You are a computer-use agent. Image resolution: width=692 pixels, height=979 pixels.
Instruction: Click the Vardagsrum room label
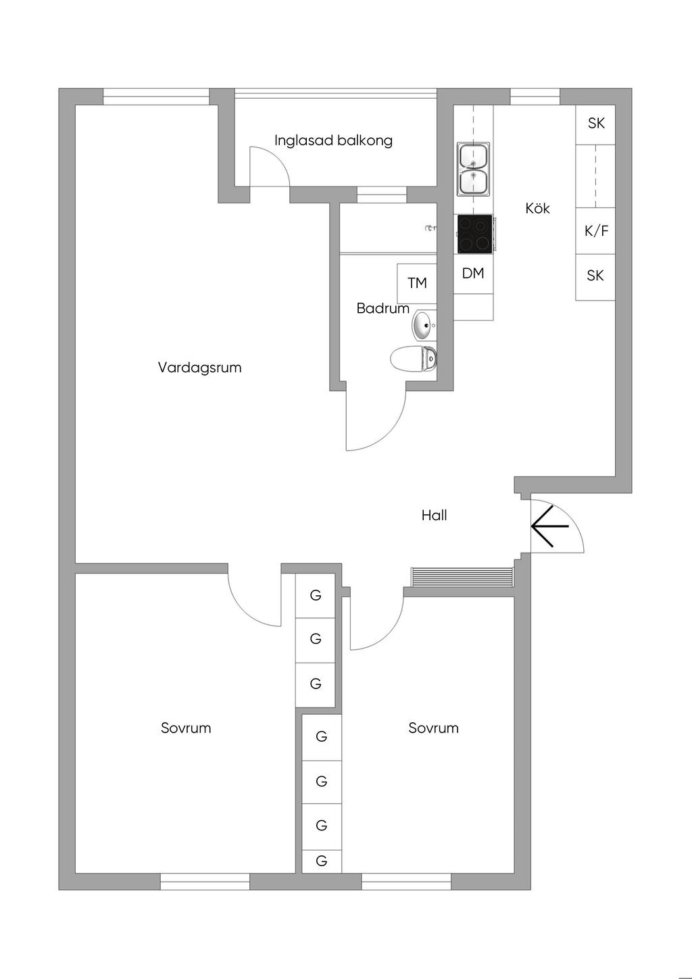click(x=199, y=368)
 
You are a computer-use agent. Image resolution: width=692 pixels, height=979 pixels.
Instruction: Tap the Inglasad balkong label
click(x=333, y=141)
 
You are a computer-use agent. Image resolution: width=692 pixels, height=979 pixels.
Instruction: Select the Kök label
click(x=537, y=208)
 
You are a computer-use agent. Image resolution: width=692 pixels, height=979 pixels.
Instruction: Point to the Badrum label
click(x=382, y=308)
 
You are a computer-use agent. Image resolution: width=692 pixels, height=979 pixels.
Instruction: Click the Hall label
click(x=434, y=516)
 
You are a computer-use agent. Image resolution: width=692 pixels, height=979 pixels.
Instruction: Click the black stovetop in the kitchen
click(x=474, y=234)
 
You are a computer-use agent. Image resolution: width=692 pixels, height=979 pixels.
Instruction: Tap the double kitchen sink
click(x=474, y=169)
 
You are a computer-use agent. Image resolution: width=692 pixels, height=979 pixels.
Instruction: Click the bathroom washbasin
click(x=423, y=326)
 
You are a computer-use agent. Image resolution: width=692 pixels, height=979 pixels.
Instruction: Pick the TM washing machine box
click(x=417, y=283)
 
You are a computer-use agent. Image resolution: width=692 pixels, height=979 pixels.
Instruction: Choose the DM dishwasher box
click(x=473, y=274)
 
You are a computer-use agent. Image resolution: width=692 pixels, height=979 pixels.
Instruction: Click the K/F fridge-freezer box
click(x=595, y=231)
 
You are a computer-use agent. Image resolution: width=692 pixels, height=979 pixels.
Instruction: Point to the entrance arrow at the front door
click(x=549, y=526)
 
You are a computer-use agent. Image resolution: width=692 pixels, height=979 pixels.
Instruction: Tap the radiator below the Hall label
click(x=462, y=576)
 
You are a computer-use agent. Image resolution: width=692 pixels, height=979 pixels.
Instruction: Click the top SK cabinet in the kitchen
click(x=595, y=124)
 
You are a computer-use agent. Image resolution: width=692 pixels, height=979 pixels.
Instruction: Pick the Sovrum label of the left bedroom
click(x=186, y=728)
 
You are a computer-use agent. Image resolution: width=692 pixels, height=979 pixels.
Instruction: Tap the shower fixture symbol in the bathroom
click(x=429, y=228)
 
